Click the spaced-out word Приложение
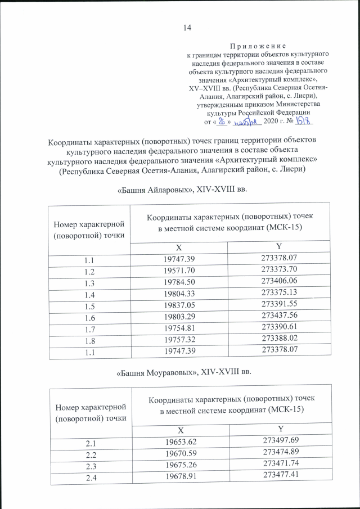258,45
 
